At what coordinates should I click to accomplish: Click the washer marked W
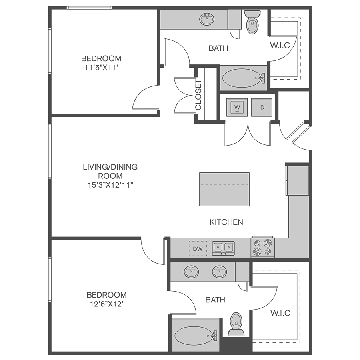coord(237,107)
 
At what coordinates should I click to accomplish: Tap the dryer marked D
coord(262,107)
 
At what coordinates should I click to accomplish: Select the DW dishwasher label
coord(198,248)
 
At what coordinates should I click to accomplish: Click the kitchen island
coord(224,189)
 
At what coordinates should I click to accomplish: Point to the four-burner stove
coord(263,247)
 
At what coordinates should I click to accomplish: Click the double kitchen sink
coord(223,248)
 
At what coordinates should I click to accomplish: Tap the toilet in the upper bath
coord(252,22)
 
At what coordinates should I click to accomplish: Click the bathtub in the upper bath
coord(243,78)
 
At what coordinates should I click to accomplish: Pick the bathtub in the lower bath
coord(196,336)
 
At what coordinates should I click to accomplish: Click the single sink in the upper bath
coord(207,19)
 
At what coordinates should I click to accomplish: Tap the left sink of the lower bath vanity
coord(191,272)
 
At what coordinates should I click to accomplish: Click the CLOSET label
coord(198,95)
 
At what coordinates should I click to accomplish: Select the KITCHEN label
coord(226,222)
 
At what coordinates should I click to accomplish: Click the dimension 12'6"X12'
coord(107,304)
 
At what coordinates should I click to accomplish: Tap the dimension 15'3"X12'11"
coord(110,185)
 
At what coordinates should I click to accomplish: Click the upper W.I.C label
coord(280,45)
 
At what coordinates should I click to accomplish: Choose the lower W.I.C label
coord(280,313)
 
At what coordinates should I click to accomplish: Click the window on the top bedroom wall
coord(89,8)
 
